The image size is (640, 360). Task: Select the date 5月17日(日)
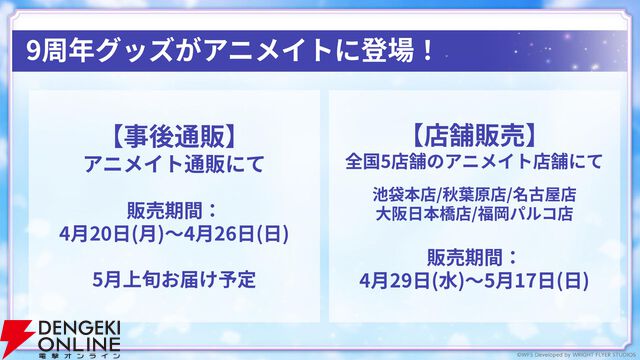coord(530,278)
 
